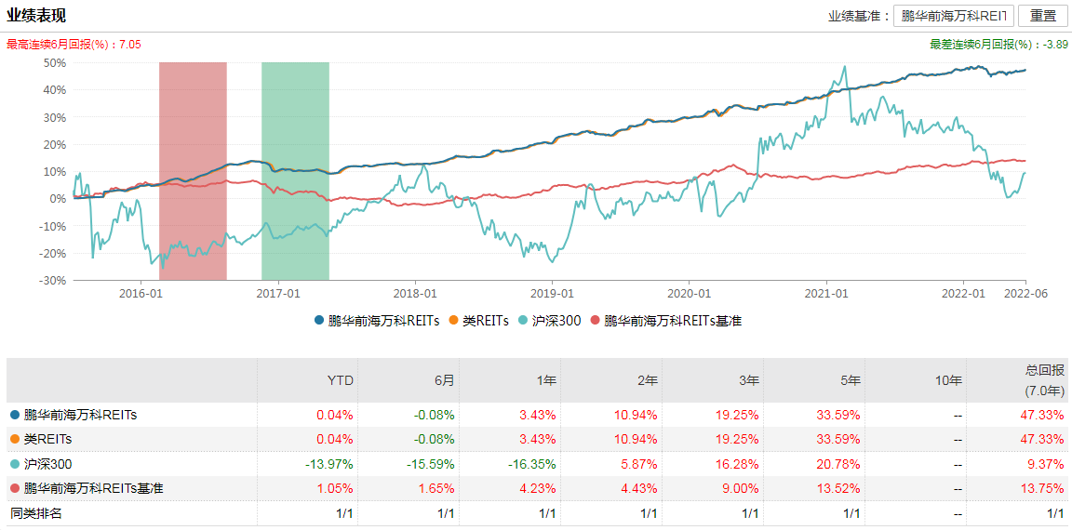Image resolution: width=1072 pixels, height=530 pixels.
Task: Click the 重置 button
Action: point(1042,16)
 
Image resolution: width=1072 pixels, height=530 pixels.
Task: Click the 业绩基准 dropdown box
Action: point(952,16)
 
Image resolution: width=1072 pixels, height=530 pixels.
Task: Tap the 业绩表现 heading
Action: point(36,16)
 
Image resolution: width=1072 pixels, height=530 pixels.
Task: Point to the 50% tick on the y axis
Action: point(54,62)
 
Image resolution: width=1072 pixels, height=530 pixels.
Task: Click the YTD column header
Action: point(342,380)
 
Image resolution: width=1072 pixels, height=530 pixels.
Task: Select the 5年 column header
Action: point(849,380)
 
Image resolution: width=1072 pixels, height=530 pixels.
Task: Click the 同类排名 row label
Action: point(36,512)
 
